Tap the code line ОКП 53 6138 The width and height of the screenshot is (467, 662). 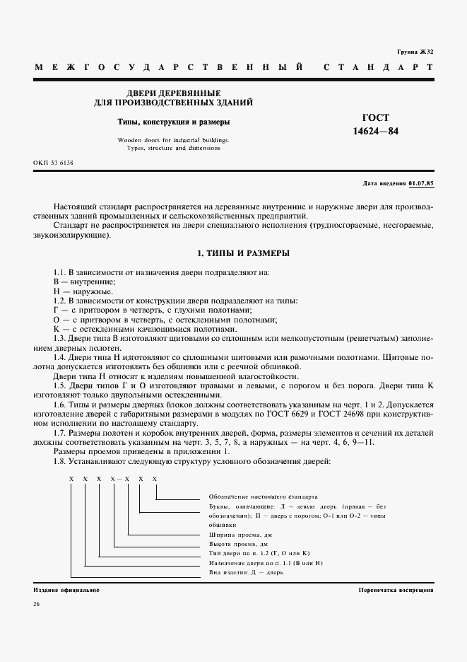(53, 163)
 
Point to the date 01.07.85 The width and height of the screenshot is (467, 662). (420, 183)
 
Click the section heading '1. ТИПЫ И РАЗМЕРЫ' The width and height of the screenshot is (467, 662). (234, 253)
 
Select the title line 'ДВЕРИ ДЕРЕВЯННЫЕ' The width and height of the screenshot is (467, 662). (173, 93)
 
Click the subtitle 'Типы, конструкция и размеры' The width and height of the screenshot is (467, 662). (173, 122)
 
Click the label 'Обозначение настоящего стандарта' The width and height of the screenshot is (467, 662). (264, 497)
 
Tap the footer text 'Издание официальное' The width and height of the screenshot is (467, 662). (66, 589)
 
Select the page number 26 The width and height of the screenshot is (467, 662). (37, 604)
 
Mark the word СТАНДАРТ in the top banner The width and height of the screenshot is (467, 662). (377, 67)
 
